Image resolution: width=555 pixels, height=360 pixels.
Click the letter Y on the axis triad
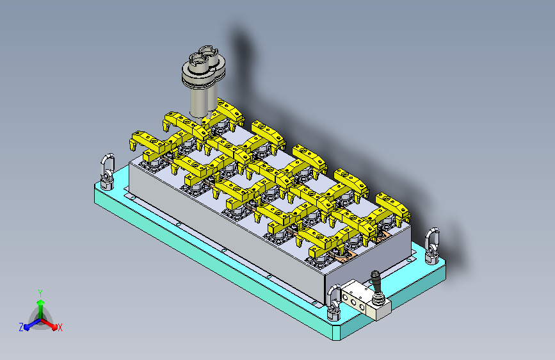[40, 293]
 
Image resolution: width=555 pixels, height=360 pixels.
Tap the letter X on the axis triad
[60, 327]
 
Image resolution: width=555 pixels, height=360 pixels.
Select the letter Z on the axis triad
[21, 327]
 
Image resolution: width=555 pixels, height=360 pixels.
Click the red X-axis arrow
[49, 323]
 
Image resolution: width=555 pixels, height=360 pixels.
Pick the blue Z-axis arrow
[33, 323]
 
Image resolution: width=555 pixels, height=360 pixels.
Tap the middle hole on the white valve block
[353, 302]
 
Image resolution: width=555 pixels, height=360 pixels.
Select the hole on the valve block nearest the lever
[362, 306]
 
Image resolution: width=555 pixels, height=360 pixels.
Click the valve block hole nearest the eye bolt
[346, 298]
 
